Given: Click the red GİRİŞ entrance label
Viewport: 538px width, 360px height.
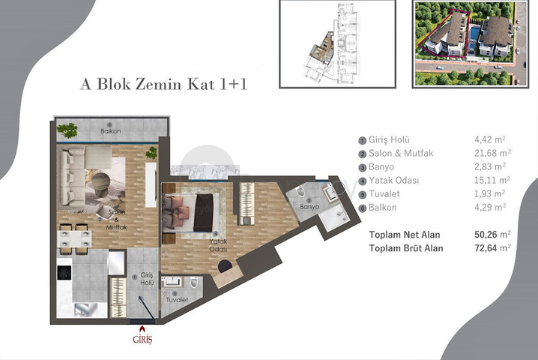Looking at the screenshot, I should pyautogui.click(x=142, y=339).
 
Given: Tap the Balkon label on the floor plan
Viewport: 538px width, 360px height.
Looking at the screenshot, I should pyautogui.click(x=111, y=131).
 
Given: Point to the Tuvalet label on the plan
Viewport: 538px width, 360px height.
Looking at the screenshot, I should pyautogui.click(x=176, y=299).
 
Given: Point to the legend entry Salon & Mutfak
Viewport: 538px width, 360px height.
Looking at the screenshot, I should pyautogui.click(x=401, y=153).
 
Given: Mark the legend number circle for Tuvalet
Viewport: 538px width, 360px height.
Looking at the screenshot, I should pyautogui.click(x=363, y=193).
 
